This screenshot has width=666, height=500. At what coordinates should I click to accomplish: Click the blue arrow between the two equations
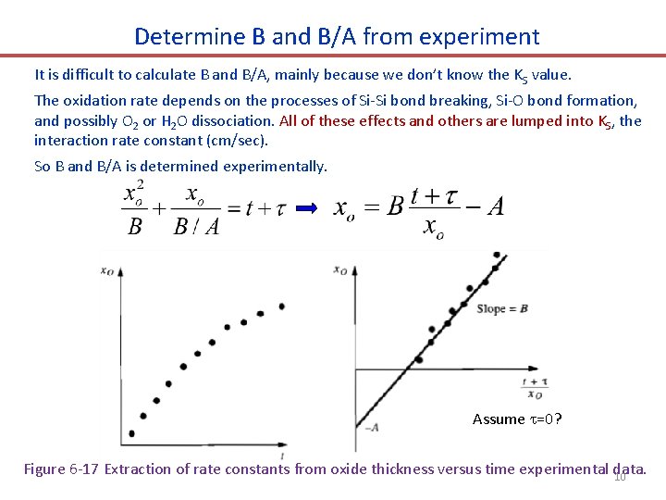point(307,208)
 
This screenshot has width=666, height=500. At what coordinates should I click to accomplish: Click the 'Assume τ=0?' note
point(517,419)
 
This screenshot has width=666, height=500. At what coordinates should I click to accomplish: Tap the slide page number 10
point(620,477)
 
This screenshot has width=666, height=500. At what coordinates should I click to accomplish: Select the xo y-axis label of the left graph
point(107,269)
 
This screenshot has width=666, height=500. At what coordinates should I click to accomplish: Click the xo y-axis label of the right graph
point(339,270)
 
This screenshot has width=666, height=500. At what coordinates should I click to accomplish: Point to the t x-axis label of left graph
point(281,455)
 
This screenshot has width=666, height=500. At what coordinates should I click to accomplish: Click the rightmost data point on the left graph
point(281,306)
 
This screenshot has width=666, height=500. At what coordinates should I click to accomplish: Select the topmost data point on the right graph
point(496,255)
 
